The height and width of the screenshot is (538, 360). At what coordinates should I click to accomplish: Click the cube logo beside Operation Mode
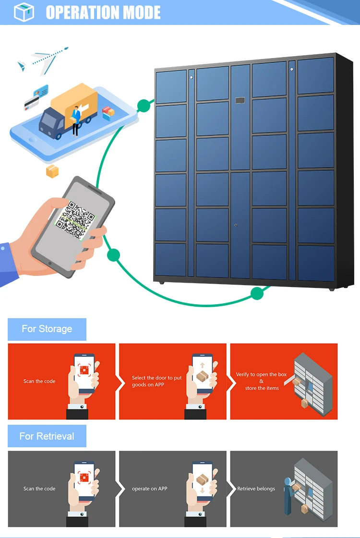click(x=24, y=12)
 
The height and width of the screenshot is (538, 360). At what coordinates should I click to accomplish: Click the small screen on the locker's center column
click(x=240, y=101)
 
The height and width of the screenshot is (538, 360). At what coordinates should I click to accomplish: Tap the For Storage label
click(x=47, y=329)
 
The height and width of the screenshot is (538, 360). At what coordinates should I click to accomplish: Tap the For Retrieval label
click(x=47, y=436)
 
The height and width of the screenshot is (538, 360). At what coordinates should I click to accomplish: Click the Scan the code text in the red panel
click(x=39, y=382)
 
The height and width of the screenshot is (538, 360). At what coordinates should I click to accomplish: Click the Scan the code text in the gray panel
click(x=39, y=489)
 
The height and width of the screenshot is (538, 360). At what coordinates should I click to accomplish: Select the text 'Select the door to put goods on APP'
click(x=156, y=382)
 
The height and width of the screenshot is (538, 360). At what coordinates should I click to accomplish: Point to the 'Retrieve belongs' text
click(x=256, y=489)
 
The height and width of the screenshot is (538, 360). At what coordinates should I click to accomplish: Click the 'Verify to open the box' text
click(x=261, y=375)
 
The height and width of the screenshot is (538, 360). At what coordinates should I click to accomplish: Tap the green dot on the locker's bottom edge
click(x=257, y=293)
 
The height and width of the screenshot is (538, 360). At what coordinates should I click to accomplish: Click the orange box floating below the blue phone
click(x=52, y=171)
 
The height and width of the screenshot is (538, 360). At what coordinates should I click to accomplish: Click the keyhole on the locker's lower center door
click(x=236, y=225)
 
